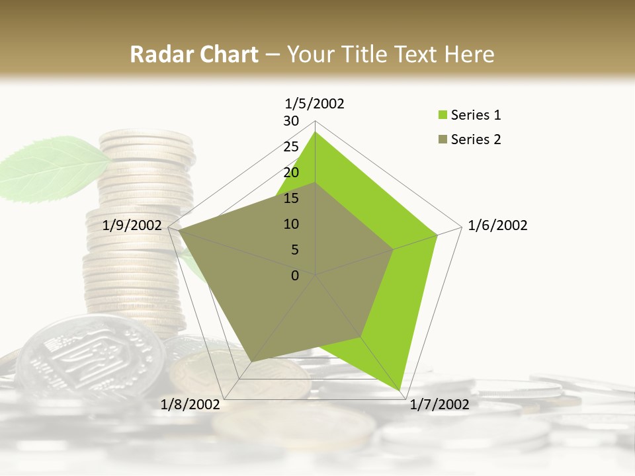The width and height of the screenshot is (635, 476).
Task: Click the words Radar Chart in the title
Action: pos(194,54)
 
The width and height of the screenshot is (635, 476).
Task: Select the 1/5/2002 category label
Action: pos(314,103)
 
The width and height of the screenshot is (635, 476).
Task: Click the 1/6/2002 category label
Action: pos(497,225)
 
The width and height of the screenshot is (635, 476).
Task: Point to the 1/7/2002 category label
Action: pos(439,404)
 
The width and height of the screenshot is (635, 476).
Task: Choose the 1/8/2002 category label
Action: pos(190,404)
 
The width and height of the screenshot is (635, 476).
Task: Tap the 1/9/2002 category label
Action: pos(132,225)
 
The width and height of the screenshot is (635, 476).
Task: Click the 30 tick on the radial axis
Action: pos(291,121)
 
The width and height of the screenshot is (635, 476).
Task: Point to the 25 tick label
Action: pos(291,147)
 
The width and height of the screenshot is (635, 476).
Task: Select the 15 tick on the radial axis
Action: pos(291,198)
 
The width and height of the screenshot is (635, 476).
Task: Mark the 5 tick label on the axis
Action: pos(295,250)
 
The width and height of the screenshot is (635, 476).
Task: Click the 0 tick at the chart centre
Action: pos(295,276)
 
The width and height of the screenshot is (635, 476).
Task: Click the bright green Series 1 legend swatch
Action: pos(443,115)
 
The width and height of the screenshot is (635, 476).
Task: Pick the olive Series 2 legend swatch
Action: pos(443,139)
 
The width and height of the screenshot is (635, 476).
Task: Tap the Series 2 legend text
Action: pos(476,139)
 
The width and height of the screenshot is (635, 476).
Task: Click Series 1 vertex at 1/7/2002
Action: pos(402,390)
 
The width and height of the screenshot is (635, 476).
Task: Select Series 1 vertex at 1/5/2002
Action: pos(315,132)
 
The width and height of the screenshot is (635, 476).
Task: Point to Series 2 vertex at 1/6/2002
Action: pos(394,249)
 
